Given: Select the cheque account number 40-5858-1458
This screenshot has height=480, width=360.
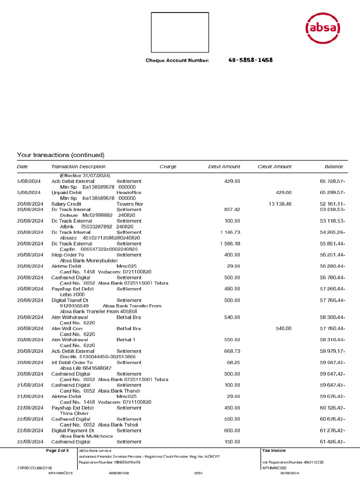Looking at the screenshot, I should (x=250, y=60).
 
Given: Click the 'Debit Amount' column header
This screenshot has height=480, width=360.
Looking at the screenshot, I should (x=224, y=167).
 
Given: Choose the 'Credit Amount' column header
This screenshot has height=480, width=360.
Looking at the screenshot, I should (x=274, y=167).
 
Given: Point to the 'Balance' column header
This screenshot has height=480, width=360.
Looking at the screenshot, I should (x=334, y=167).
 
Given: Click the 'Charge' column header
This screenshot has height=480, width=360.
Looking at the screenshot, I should (x=168, y=167).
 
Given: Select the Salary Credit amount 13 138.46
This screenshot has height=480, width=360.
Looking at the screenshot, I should (x=280, y=204).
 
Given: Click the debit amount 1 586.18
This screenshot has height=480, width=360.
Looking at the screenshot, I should (x=230, y=244).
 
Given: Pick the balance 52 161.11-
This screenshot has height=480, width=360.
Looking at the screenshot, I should (x=333, y=204).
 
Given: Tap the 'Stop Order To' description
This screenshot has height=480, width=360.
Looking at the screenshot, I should (x=67, y=255).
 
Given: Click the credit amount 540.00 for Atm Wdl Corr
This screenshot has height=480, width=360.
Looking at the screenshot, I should (x=283, y=329).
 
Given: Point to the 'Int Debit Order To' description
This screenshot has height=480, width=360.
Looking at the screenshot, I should (x=72, y=362).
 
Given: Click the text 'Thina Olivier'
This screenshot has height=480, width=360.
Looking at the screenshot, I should (x=74, y=413).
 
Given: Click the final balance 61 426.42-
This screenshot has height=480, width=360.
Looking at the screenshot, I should (x=333, y=442).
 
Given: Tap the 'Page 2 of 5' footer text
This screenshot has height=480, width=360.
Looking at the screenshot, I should (x=57, y=451).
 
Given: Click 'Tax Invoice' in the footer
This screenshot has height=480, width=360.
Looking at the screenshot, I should (x=274, y=451).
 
